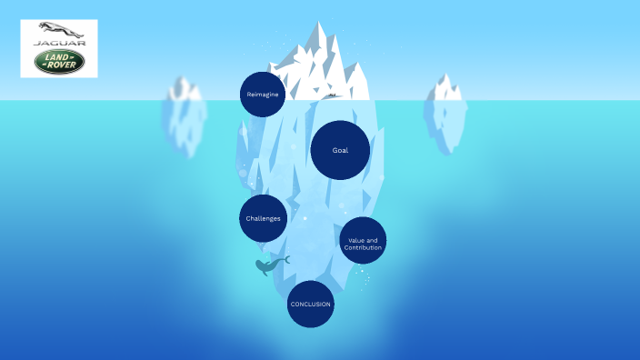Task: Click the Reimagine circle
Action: tap(263, 95)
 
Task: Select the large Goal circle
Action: tap(340, 150)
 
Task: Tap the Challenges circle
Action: tap(263, 218)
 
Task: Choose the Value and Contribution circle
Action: tap(363, 241)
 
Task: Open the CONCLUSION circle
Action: tap(311, 304)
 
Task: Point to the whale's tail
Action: tap(285, 259)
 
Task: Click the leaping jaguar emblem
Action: tap(59, 30)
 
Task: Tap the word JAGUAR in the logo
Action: tap(59, 43)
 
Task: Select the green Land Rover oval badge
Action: tap(59, 62)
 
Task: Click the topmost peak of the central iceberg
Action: tap(318, 25)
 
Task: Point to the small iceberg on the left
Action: tap(184, 118)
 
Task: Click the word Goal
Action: tap(340, 150)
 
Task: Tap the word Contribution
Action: tap(364, 247)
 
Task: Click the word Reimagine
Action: tap(263, 95)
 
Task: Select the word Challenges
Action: tap(263, 218)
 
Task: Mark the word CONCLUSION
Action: tap(311, 304)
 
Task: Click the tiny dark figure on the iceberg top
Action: tap(332, 95)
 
